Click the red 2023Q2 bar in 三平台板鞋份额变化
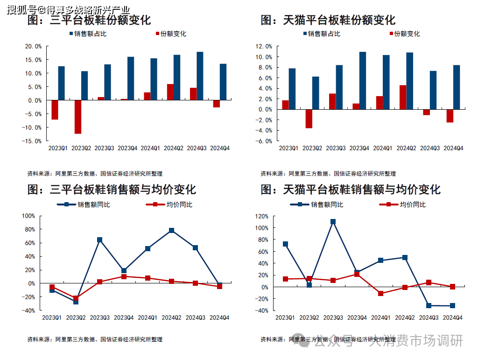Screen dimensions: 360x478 (77, 117)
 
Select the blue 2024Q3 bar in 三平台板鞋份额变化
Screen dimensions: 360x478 (200, 76)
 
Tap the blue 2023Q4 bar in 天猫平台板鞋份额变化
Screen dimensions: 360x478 (363, 80)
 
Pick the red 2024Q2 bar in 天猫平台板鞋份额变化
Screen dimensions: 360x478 (402, 97)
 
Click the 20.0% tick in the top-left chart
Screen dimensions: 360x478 (33, 46)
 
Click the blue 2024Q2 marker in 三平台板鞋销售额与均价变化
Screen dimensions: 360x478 (171, 230)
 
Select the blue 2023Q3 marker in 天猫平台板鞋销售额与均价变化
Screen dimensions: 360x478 (333, 222)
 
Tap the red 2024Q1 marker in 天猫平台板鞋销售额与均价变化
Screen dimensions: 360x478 (380, 293)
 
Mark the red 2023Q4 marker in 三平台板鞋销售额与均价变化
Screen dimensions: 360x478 (124, 276)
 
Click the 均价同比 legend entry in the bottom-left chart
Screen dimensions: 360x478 (169, 205)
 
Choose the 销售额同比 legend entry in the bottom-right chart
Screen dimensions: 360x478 (317, 205)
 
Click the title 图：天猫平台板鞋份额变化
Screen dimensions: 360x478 (328, 20)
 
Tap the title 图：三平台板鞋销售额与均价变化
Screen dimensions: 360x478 (112, 190)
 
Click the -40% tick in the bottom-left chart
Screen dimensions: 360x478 (29, 311)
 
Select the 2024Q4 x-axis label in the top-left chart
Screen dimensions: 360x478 (220, 148)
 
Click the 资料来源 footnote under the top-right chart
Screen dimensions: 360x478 (328, 174)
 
